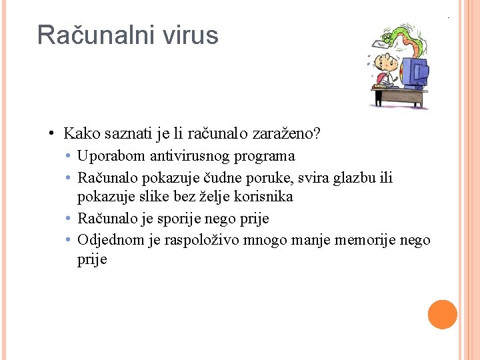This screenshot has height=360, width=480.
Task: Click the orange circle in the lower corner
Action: click(443, 315)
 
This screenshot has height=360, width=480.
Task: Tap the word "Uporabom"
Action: click(105, 156)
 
